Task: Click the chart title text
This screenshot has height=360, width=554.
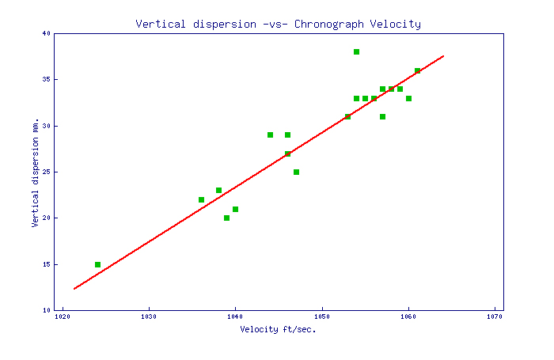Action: click(278, 24)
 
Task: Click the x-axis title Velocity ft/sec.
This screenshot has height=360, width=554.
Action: click(278, 329)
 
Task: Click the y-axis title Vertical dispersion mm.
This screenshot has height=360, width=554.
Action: click(36, 172)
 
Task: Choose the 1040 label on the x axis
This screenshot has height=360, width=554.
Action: click(235, 317)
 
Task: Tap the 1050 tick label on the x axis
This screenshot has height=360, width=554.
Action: click(322, 317)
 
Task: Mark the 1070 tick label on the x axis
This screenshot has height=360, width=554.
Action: click(495, 317)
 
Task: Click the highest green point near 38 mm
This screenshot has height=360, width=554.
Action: click(356, 51)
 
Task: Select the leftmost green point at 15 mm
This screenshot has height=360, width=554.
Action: click(97, 264)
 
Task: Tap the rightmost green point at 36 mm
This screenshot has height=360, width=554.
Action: click(417, 70)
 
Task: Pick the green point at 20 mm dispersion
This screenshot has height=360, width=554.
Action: click(226, 218)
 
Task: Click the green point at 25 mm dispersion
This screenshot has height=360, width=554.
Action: click(296, 172)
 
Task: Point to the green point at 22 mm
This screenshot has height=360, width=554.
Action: click(201, 199)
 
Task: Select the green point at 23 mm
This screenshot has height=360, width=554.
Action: click(218, 190)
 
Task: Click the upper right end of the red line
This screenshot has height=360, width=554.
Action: click(443, 56)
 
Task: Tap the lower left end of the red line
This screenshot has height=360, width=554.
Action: click(74, 288)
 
